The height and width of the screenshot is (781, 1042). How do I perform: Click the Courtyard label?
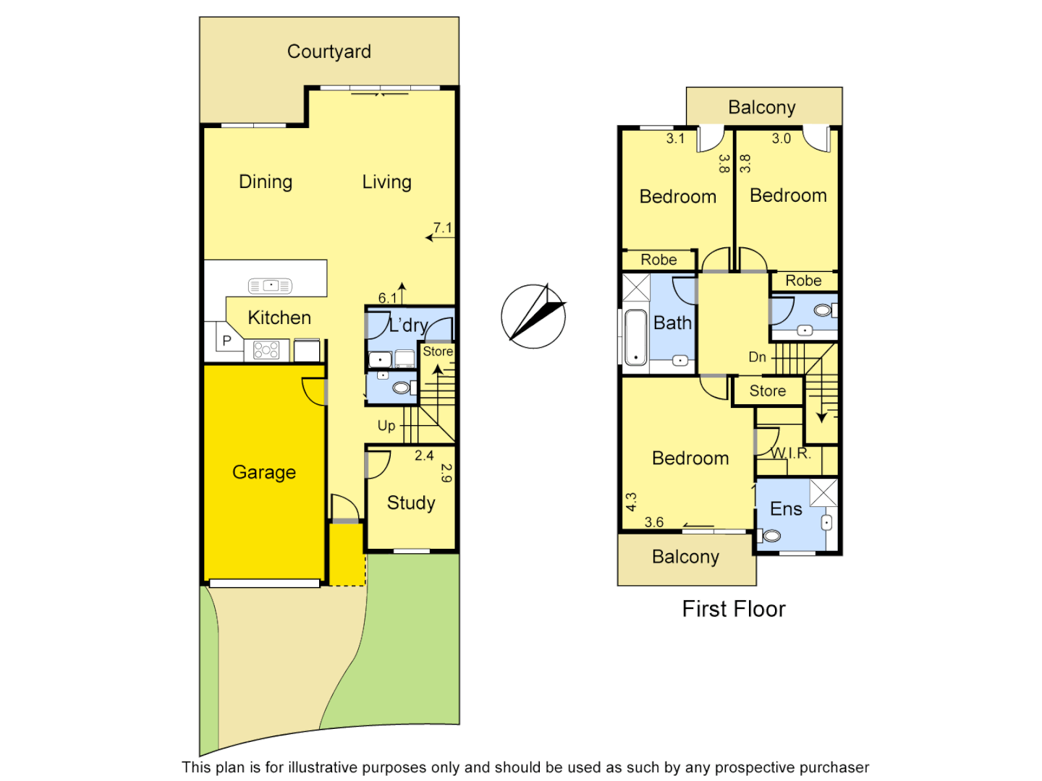329,51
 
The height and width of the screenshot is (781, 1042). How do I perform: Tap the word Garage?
263,472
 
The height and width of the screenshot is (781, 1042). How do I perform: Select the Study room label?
411,503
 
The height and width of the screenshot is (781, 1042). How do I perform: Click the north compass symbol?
534,316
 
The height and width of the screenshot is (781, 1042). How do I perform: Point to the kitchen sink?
270,286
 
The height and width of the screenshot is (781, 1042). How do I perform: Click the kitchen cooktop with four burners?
266,351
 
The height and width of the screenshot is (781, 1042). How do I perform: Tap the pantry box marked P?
227,341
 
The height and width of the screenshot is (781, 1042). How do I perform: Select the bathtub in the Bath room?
635,338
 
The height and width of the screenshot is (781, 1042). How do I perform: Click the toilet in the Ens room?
771,536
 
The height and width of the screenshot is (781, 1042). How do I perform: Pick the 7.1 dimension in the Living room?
442,228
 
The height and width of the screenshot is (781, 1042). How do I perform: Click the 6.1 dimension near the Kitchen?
388,297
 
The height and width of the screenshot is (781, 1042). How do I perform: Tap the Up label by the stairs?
386,426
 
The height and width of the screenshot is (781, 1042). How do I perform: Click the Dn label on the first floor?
757,357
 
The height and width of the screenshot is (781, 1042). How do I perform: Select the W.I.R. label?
791,453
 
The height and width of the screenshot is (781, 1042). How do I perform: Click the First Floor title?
734,609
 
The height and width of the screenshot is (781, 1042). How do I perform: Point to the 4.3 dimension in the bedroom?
631,502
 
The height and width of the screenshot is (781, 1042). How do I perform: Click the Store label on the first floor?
767,391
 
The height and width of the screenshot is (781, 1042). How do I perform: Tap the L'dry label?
408,325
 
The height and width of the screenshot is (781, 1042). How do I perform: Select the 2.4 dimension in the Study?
424,456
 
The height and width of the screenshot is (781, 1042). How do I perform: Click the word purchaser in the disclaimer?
828,767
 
